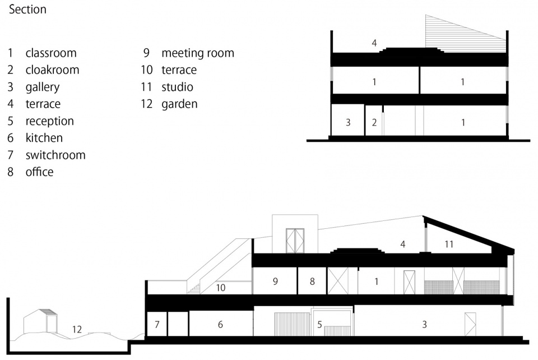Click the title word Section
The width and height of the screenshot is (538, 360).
tap(27, 10)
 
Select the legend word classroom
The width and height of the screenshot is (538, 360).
tap(51, 53)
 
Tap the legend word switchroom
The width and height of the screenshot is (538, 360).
tap(55, 155)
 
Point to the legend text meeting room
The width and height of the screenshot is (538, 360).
tap(198, 53)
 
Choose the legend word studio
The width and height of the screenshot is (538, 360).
tap(178, 87)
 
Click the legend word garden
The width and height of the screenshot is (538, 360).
tap(179, 104)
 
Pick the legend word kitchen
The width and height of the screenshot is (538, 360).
tap(44, 137)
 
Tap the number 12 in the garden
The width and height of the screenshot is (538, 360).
tap(77, 330)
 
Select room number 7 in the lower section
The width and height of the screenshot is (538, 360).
tap(157, 324)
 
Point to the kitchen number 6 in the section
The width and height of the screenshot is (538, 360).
tap(220, 324)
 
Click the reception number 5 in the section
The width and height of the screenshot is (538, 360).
tap(319, 324)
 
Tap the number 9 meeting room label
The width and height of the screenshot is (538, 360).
tap(275, 281)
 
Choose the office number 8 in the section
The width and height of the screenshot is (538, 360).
tap(312, 281)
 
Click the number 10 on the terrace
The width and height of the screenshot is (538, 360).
tap(221, 288)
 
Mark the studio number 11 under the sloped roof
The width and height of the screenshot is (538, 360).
tap(449, 244)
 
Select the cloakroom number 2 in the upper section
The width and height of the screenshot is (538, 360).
tap(374, 122)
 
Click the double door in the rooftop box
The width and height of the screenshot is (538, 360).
tap(295, 241)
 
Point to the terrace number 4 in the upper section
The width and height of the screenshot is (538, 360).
tap(374, 43)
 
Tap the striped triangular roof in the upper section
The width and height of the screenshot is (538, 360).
tap(456, 37)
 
